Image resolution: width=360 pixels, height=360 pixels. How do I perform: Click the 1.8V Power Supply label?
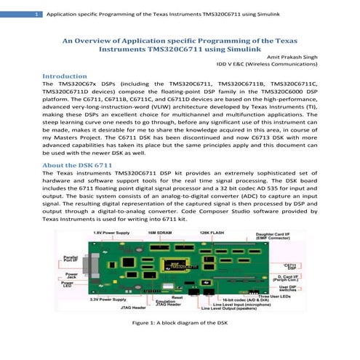pos(111,231)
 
